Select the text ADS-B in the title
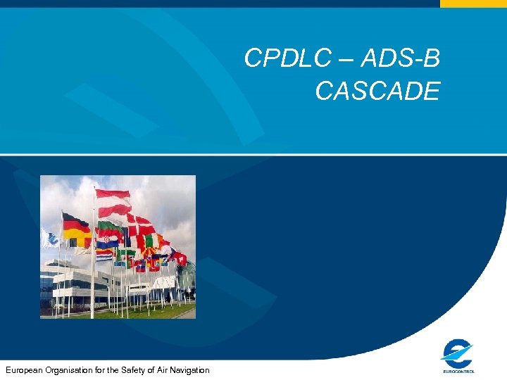tap(400, 59)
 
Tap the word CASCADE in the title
tap(377, 91)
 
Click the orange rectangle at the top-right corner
tap(473, 4)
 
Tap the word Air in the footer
tap(161, 370)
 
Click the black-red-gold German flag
tap(75, 230)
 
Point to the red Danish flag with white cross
tap(141, 225)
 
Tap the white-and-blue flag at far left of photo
tap(49, 239)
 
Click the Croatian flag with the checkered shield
tap(108, 241)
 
